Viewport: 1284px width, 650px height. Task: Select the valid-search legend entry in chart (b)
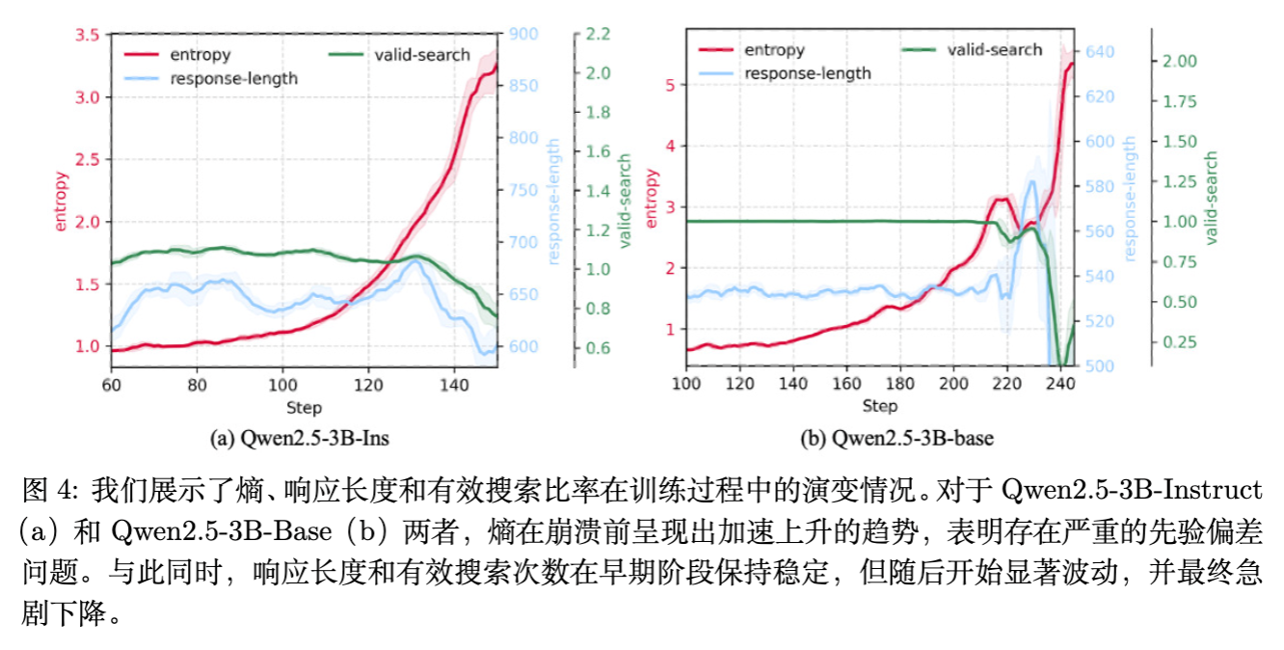(x=994, y=49)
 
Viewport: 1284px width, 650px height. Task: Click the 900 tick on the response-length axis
(x=523, y=36)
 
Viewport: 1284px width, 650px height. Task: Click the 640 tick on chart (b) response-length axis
(x=1100, y=51)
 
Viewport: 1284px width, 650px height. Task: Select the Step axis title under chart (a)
(x=304, y=407)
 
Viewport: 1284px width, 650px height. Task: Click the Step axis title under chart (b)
(x=879, y=406)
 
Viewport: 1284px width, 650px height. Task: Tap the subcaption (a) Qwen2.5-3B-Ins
(x=300, y=439)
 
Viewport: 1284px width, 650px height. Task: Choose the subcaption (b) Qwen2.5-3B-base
(x=896, y=439)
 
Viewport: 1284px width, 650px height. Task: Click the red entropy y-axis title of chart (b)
(x=652, y=199)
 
